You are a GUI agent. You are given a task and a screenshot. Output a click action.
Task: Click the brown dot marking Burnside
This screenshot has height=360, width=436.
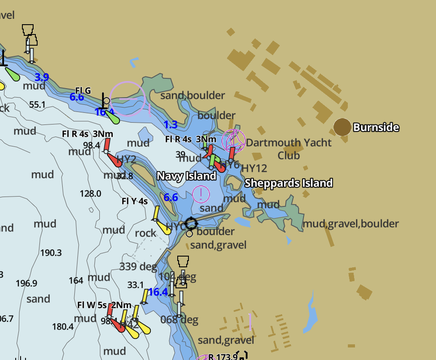pyautogui.click(x=342, y=127)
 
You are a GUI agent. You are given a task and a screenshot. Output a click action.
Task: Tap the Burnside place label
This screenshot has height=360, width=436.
pyautogui.click(x=376, y=128)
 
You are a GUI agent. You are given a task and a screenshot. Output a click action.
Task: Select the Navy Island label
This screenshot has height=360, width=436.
pyautogui.click(x=186, y=176)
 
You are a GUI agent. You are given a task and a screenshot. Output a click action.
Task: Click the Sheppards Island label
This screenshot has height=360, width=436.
pyautogui.click(x=288, y=183)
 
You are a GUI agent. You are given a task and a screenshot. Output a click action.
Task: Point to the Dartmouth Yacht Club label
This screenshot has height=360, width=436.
pyautogui.click(x=289, y=149)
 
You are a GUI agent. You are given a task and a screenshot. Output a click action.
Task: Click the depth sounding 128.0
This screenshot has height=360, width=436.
pyautogui.click(x=90, y=193)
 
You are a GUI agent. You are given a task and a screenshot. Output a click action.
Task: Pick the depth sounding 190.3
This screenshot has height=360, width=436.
pyautogui.click(x=51, y=253)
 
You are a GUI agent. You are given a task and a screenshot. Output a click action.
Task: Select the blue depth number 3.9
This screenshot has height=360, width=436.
pyautogui.click(x=42, y=77)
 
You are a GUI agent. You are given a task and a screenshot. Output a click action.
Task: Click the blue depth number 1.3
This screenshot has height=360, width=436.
pyautogui.click(x=171, y=124)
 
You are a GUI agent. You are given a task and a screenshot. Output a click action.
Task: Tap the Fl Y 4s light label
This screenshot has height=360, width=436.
pyautogui.click(x=134, y=201)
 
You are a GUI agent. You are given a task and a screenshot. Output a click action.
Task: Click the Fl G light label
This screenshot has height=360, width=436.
pyautogui.click(x=83, y=91)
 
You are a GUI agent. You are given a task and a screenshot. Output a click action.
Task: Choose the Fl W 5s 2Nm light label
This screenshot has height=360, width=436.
pyautogui.click(x=104, y=305)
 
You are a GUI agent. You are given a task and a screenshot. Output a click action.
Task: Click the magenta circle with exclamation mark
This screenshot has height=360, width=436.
pyautogui.click(x=201, y=194)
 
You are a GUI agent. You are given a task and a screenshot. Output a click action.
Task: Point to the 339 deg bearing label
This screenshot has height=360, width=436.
pyautogui.click(x=138, y=267)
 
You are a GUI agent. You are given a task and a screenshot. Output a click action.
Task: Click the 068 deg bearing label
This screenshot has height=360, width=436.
pyautogui.click(x=179, y=320)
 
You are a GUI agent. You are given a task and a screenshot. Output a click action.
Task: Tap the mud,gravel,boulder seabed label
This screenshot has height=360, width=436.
pyautogui.click(x=351, y=223)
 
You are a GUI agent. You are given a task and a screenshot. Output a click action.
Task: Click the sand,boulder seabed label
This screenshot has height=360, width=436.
pyautogui.click(x=192, y=95)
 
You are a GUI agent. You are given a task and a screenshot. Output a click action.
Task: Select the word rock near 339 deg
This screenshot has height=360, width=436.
pyautogui.click(x=145, y=233)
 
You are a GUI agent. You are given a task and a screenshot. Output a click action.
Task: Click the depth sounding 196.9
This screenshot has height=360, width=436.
pyautogui.click(x=26, y=283)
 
